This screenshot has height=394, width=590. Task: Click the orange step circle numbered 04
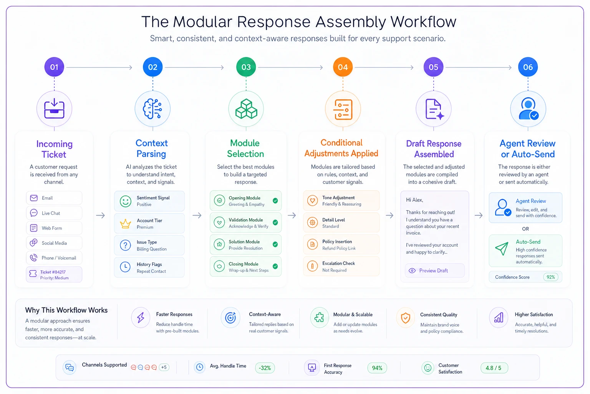[x=343, y=67]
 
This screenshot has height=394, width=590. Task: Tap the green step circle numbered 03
[x=246, y=67]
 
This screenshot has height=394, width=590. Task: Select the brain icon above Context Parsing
[x=152, y=109]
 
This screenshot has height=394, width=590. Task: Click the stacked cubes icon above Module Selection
[x=246, y=109]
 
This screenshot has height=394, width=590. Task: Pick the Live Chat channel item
[x=54, y=213]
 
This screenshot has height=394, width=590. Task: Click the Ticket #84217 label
[x=53, y=272]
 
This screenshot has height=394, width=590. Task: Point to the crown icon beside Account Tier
[x=125, y=224]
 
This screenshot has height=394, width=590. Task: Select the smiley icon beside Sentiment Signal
[x=125, y=201]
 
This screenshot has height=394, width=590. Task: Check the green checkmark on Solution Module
[x=275, y=244]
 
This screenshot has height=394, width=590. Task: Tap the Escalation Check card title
[x=338, y=263]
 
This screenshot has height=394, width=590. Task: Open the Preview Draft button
[x=434, y=270]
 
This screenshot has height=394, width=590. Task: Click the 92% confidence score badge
[x=550, y=277]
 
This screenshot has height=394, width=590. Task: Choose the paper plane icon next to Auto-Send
[x=502, y=248]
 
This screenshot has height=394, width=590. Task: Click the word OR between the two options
[x=525, y=229]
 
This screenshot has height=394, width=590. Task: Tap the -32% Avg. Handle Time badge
[x=265, y=368]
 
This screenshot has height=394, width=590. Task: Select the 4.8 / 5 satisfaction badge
[x=494, y=368]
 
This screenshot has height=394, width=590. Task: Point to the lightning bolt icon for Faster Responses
[x=141, y=317]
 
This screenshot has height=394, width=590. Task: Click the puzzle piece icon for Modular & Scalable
[x=319, y=317]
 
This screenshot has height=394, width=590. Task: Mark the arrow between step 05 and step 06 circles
[x=479, y=68]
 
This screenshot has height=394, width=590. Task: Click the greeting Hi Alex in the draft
[x=414, y=200]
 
